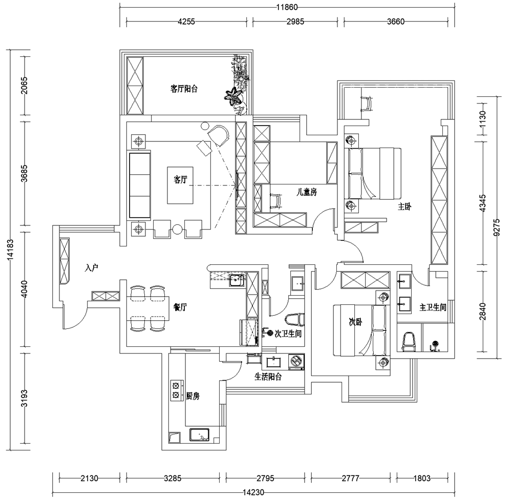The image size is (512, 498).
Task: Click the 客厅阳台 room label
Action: coord(184,89)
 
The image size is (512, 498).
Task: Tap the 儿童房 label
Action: coord(308,192)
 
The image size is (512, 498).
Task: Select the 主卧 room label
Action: coord(404,206)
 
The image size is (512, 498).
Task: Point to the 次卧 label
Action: coord(355,322)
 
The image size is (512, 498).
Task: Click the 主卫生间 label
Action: coord(433,307)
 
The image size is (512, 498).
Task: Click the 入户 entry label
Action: coord(92,267)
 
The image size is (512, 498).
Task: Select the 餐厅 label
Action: coord(180,307)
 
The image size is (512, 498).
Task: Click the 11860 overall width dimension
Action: coord(287,7)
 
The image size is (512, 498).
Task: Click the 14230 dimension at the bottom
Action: coord(253,492)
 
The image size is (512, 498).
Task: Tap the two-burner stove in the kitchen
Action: coord(176,390)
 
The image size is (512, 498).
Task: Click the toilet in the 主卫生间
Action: coord(408,342)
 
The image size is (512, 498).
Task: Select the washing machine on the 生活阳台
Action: coord(296,362)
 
